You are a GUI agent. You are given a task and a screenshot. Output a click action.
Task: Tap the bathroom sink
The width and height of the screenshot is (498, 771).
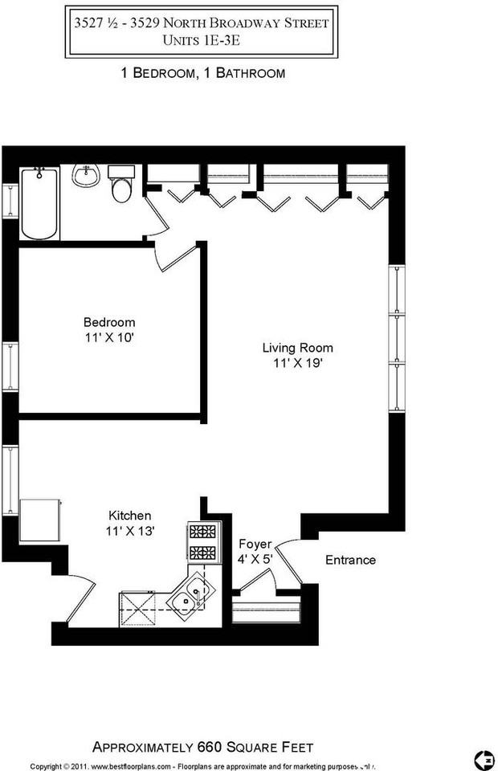click(86, 175)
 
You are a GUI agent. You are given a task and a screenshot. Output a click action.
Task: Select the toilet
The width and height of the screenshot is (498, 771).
click(121, 186)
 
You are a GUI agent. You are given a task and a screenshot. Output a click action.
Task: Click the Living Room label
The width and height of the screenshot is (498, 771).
click(297, 348)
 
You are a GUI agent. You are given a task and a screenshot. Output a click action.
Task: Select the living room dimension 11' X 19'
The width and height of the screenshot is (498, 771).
click(297, 363)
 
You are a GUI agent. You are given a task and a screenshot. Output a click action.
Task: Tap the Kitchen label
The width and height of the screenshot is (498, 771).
click(130, 515)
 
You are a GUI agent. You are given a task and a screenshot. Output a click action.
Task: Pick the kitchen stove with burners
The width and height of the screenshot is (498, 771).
click(202, 541)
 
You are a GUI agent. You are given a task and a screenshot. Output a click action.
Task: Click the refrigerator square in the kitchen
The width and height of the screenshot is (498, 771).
click(40, 520)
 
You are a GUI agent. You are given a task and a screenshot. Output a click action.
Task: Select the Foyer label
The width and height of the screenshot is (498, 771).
click(255, 544)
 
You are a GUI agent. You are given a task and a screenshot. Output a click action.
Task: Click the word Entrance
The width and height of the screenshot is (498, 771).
click(350, 560)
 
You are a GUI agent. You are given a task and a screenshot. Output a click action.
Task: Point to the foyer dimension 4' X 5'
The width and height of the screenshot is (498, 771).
click(255, 559)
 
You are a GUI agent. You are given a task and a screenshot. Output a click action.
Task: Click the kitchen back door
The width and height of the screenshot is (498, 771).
click(80, 601)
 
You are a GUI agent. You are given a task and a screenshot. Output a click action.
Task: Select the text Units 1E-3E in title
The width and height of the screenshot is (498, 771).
click(201, 39)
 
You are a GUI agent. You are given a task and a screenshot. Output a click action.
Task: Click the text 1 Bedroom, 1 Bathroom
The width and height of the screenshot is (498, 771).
click(201, 73)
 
